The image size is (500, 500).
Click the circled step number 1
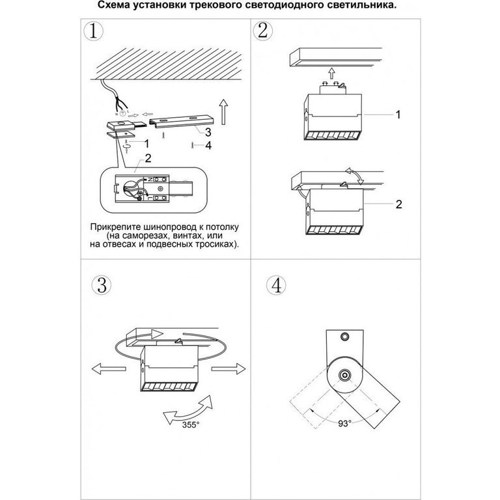[93, 31]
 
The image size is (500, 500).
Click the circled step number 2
[263, 31]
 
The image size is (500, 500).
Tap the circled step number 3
[102, 285]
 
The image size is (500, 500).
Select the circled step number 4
[276, 285]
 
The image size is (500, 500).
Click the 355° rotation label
[191, 424]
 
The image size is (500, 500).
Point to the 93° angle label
[344, 423]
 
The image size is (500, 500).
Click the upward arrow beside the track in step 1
[223, 112]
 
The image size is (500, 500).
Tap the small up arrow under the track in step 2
[332, 74]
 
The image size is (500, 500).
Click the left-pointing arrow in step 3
[109, 369]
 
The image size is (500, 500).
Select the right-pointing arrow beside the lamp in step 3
[229, 369]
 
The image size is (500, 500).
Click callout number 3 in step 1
[208, 132]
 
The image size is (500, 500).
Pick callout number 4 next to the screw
[208, 145]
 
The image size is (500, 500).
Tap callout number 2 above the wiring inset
[148, 158]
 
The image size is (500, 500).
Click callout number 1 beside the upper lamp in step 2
[398, 115]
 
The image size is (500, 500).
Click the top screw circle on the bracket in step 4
[344, 336]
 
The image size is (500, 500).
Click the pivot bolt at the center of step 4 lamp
[344, 375]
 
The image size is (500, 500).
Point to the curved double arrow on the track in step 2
[354, 176]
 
